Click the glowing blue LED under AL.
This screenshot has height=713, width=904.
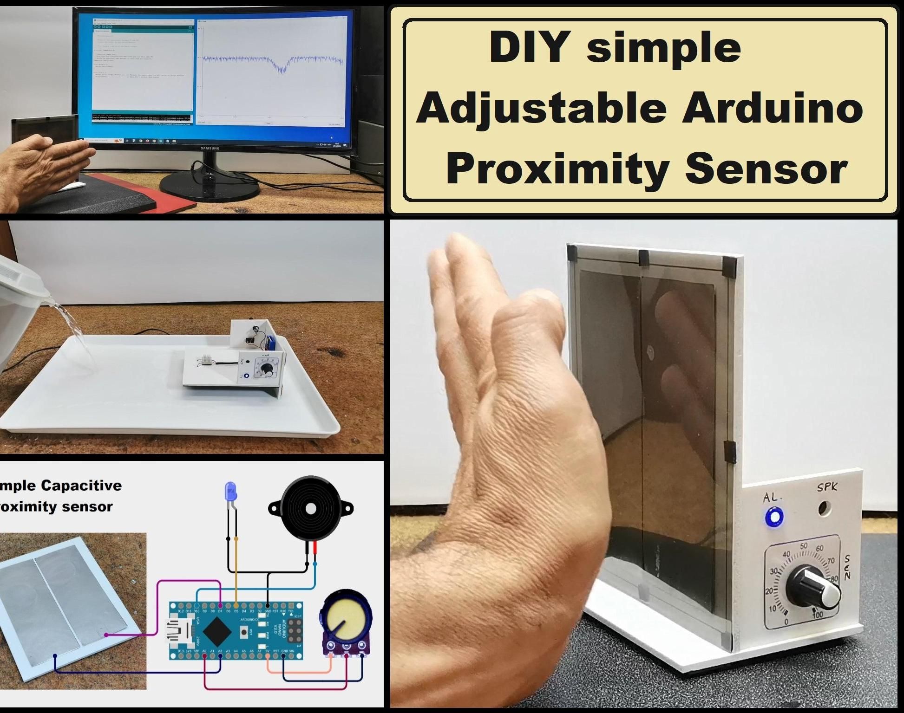pyautogui.click(x=774, y=517)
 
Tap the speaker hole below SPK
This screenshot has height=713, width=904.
pyautogui.click(x=825, y=509)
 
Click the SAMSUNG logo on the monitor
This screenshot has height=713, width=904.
pyautogui.click(x=210, y=149)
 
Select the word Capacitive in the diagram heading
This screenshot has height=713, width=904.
pyautogui.click(x=81, y=486)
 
